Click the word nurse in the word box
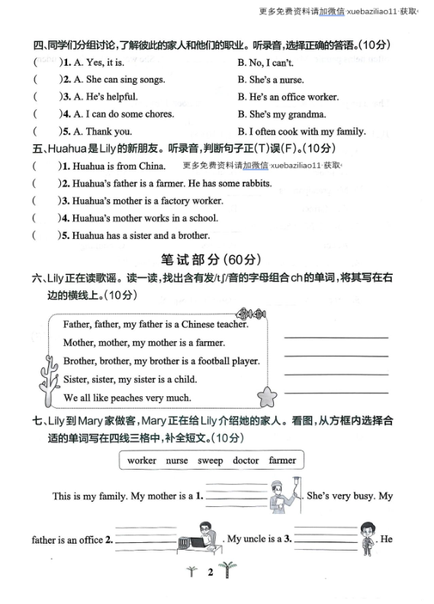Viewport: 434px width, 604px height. click(177, 460)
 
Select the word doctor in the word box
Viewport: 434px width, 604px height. click(246, 460)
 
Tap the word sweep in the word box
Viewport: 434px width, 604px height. click(211, 460)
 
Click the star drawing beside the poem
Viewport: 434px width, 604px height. click(268, 396)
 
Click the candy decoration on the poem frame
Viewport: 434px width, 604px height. click(249, 313)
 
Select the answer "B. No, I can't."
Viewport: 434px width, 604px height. click(265, 63)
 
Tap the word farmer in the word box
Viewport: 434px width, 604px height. click(282, 460)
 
